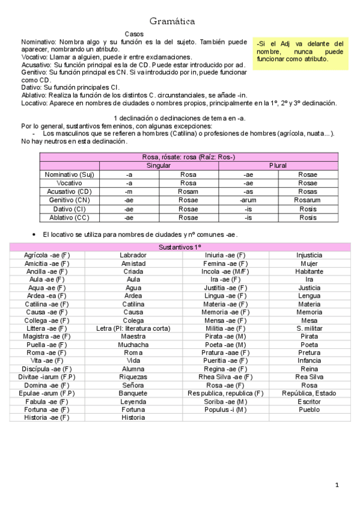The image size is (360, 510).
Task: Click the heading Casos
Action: tap(133, 35)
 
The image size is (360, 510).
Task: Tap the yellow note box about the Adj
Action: tap(299, 52)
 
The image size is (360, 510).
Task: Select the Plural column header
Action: tap(278, 165)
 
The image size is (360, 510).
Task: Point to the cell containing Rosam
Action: tap(188, 191)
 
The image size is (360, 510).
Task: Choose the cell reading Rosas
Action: tap(307, 191)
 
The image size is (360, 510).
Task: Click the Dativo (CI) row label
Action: tap(70, 209)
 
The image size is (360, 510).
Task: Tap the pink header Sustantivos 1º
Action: tap(180, 247)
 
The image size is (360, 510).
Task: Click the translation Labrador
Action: tap(133, 255)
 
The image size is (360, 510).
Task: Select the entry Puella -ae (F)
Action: tap(47, 345)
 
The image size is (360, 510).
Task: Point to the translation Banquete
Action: tap(133, 393)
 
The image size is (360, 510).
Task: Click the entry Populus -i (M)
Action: tap(225, 410)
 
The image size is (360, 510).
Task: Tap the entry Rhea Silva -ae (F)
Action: tap(225, 377)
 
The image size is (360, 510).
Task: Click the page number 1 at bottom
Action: tap(337, 485)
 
